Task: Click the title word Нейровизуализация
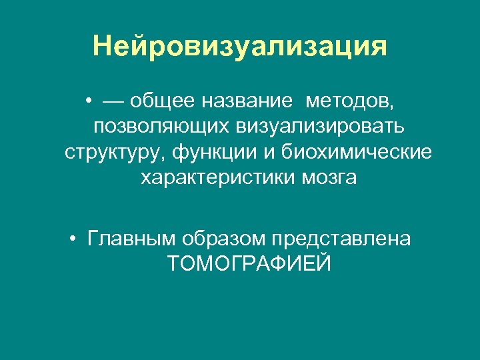(240, 47)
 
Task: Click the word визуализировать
(329, 127)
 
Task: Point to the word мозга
(328, 178)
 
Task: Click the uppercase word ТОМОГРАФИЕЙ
(249, 264)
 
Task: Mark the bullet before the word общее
(88, 102)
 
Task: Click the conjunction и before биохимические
(268, 153)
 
